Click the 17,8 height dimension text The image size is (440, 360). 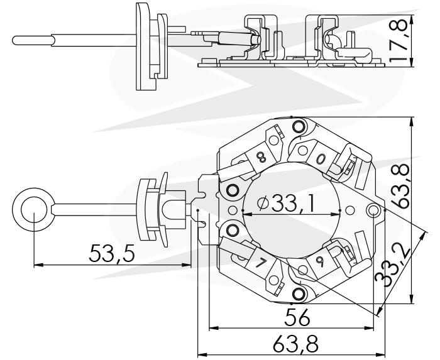pos(398,40)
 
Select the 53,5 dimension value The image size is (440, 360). pos(112,253)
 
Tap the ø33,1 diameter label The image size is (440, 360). pos(286,203)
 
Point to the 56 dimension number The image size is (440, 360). pos(297,317)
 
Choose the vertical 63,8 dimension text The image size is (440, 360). pos(400,186)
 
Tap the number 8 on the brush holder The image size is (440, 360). pos(261,158)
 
